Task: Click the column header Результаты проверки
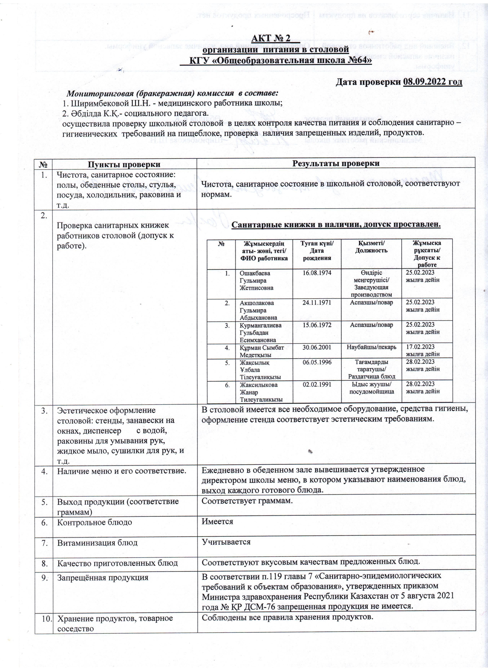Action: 336,164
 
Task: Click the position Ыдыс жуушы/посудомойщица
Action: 371,388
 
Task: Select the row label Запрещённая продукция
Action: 103,577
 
